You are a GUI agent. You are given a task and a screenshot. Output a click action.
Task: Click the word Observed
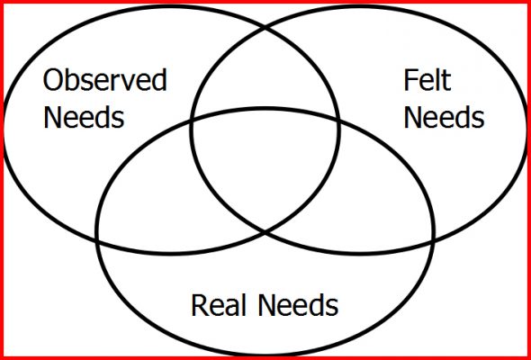click(105, 80)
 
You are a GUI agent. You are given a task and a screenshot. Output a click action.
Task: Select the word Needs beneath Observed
click(84, 117)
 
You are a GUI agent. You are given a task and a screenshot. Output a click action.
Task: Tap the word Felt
click(427, 80)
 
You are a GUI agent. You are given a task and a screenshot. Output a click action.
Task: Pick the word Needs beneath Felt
click(444, 117)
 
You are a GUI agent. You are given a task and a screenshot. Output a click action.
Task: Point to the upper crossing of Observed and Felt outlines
click(265, 29)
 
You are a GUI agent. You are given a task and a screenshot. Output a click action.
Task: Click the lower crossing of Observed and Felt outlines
click(265, 232)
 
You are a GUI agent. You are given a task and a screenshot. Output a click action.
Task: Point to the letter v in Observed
click(131, 83)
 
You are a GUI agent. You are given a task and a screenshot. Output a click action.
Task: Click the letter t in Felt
click(446, 81)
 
